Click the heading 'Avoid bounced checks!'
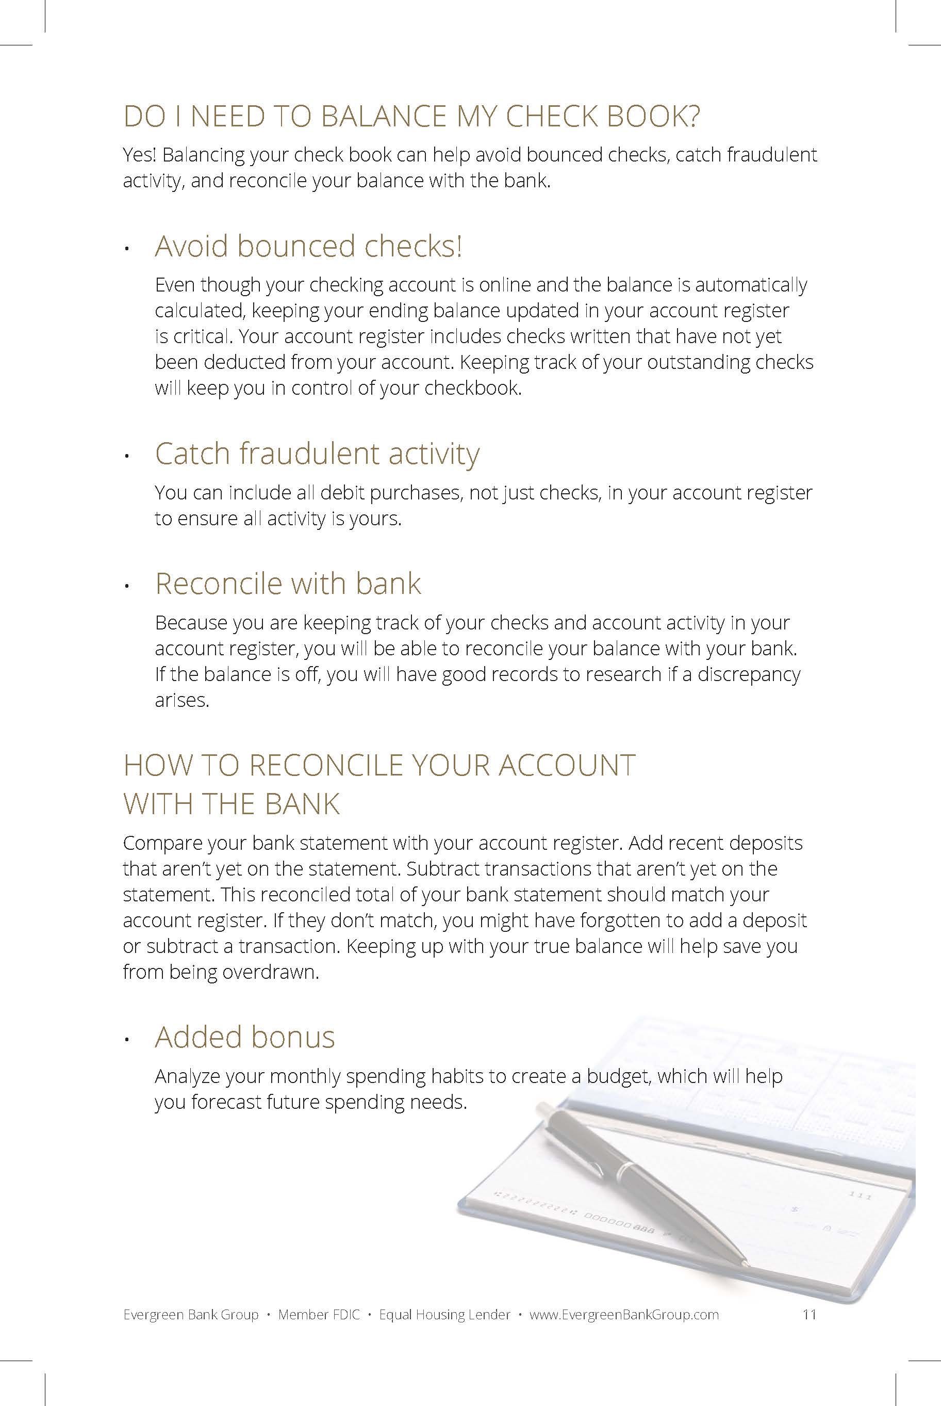tap(308, 246)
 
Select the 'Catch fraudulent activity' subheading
tap(317, 454)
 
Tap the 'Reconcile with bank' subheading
tap(288, 584)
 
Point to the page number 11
tap(809, 1315)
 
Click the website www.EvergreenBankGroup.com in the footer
tap(624, 1315)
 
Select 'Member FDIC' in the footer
tap(319, 1315)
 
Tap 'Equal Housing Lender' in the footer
tap(444, 1315)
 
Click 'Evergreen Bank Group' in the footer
tap(191, 1315)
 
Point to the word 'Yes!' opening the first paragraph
tap(140, 155)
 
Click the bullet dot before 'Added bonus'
tap(127, 1040)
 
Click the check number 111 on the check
tap(860, 1196)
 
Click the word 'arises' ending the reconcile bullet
tap(180, 701)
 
